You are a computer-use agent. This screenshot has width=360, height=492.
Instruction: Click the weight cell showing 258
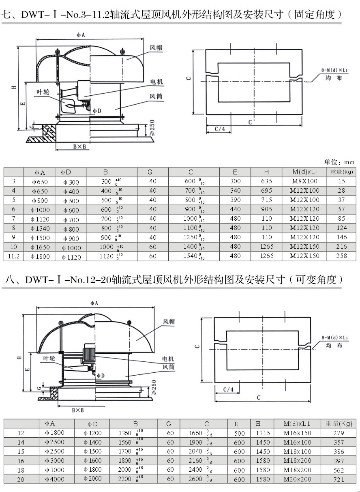pyautogui.click(x=341, y=256)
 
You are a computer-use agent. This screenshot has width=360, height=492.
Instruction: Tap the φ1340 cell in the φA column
pyautogui.click(x=39, y=228)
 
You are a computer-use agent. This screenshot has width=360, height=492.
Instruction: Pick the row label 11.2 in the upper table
pyautogui.click(x=14, y=256)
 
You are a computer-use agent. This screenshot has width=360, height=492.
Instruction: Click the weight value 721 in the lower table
pyautogui.click(x=338, y=479)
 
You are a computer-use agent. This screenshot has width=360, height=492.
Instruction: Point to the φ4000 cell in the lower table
pyautogui.click(x=54, y=479)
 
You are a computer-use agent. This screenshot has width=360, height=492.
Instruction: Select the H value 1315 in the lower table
pyautogui.click(x=263, y=433)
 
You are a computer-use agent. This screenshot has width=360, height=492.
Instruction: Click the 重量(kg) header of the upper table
pyautogui.click(x=341, y=172)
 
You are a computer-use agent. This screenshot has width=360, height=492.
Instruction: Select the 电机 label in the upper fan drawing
pyautogui.click(x=156, y=82)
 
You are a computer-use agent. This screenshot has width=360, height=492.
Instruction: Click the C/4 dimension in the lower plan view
pyautogui.click(x=229, y=389)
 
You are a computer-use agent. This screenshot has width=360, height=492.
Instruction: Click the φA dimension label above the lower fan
pyautogui.click(x=94, y=303)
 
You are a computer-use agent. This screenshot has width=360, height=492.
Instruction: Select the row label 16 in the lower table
pyautogui.click(x=21, y=461)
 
